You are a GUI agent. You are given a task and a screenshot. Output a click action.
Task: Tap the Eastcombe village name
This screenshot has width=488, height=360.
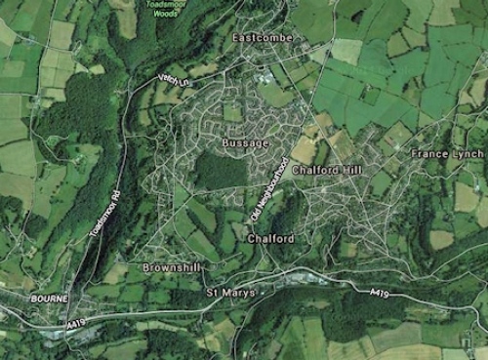click(x=263, y=38)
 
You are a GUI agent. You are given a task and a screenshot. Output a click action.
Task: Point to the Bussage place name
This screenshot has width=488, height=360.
click(x=245, y=142)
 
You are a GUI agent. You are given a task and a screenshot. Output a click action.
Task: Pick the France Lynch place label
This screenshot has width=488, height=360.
click(x=446, y=154)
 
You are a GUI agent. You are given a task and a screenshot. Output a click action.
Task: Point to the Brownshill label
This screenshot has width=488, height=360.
click(x=170, y=266)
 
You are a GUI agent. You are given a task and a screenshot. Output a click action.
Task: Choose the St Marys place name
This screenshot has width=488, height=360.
click(x=230, y=292)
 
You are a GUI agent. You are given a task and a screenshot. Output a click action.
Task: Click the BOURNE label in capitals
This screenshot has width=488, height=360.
click(x=47, y=298)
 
